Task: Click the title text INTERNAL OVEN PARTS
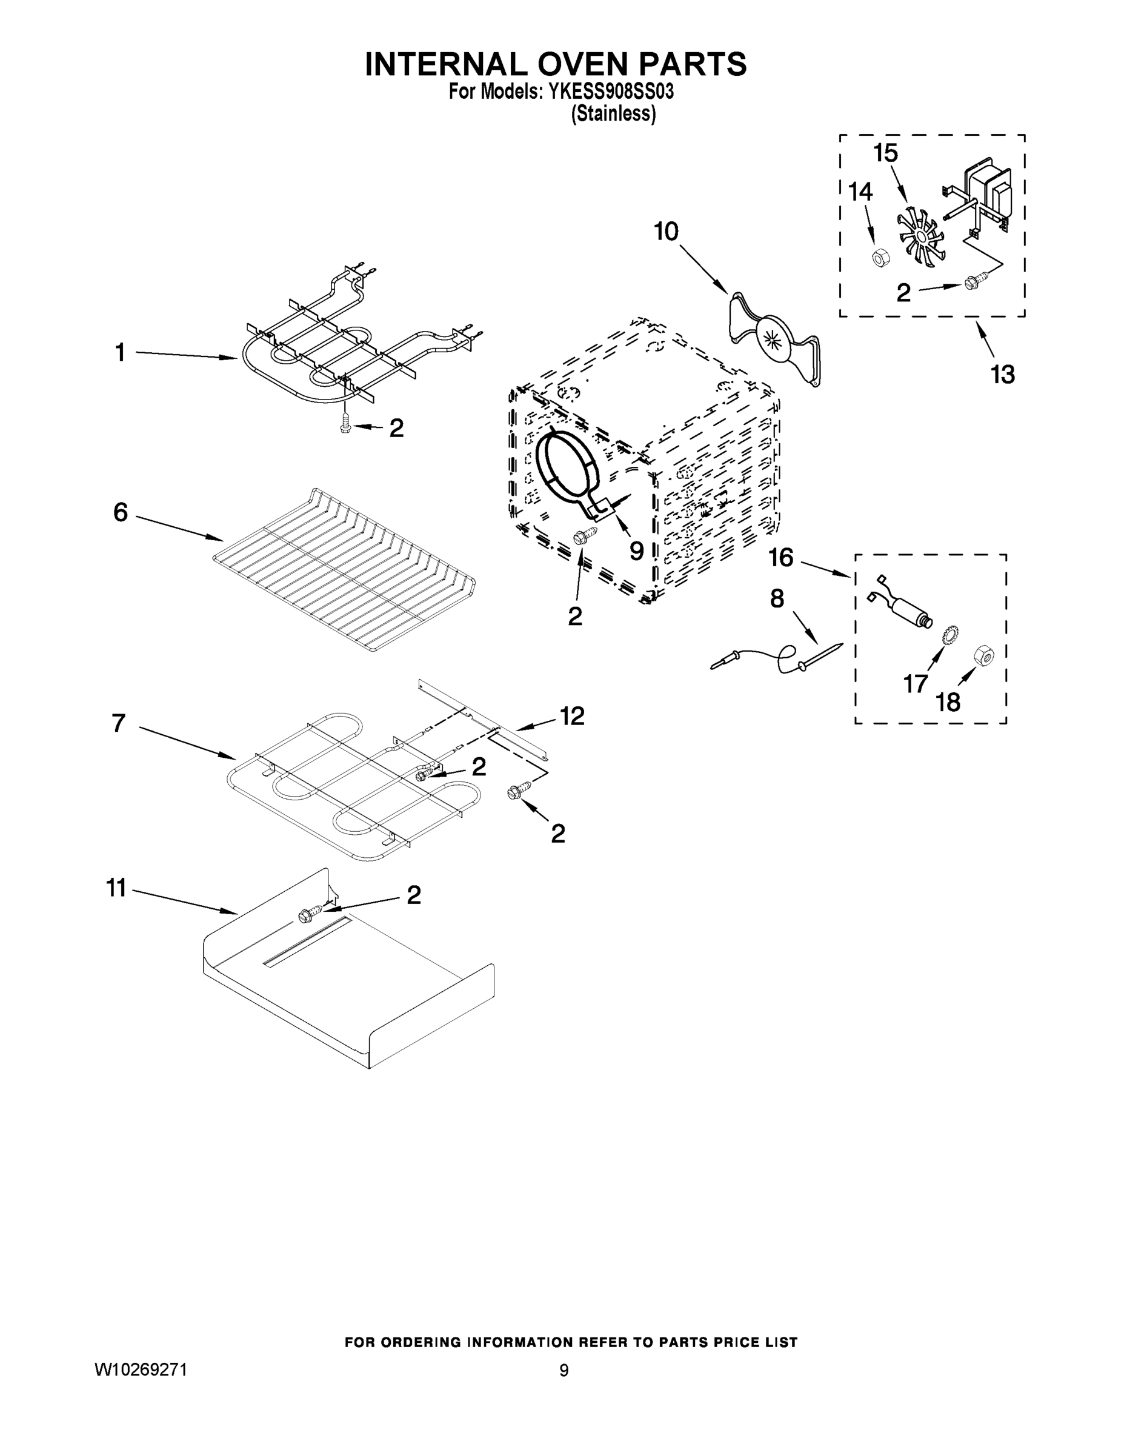click(x=556, y=65)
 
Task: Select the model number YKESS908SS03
click(x=610, y=92)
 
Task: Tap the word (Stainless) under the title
click(x=613, y=114)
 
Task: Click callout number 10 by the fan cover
click(x=665, y=232)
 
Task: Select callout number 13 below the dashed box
click(x=1002, y=375)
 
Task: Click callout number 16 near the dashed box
click(x=781, y=558)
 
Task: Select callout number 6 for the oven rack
click(x=120, y=512)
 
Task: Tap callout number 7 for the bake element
click(x=119, y=723)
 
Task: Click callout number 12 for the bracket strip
click(x=571, y=716)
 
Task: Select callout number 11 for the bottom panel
click(x=116, y=888)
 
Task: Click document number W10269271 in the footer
click(x=141, y=1370)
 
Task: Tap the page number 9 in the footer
click(x=564, y=1370)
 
